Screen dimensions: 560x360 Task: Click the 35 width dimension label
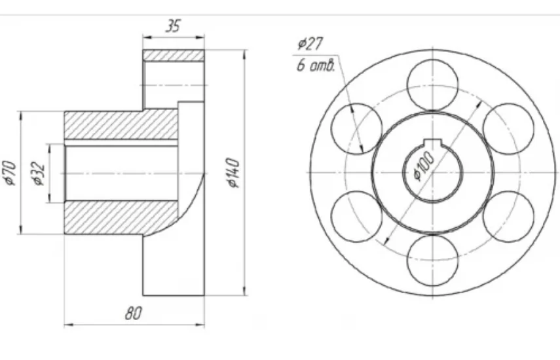pos(173,26)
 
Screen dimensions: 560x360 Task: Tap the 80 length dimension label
pos(134,313)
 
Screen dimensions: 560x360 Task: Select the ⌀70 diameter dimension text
pos(10,173)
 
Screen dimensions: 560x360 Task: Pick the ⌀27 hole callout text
pos(310,44)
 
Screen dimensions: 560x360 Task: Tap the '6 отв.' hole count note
pos(316,65)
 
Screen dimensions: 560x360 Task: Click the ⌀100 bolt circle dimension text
pos(424,166)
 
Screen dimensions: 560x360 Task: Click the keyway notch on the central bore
pos(432,141)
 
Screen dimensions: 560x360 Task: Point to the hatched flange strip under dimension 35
pos(174,55)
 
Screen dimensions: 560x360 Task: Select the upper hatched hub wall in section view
pos(121,125)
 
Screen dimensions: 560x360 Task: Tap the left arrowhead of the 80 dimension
pos(69,325)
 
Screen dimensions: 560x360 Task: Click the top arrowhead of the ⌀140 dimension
pos(245,54)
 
